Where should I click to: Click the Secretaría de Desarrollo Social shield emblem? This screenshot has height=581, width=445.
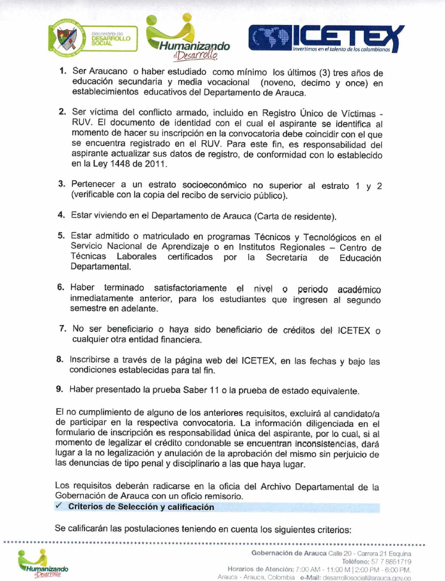coord(65,39)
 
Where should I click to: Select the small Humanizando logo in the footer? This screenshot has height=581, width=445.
coord(42,563)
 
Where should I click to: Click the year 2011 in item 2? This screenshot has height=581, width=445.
coord(157,164)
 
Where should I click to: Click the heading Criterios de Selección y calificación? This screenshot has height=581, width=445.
coord(141,507)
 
